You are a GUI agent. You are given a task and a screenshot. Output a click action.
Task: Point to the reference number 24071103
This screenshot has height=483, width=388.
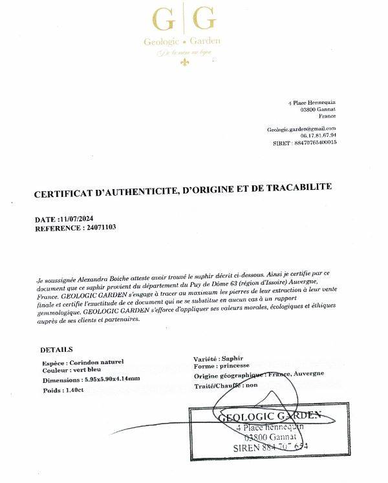pyautogui.click(x=100, y=227)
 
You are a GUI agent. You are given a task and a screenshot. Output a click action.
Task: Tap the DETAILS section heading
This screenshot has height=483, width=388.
pyautogui.click(x=56, y=349)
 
